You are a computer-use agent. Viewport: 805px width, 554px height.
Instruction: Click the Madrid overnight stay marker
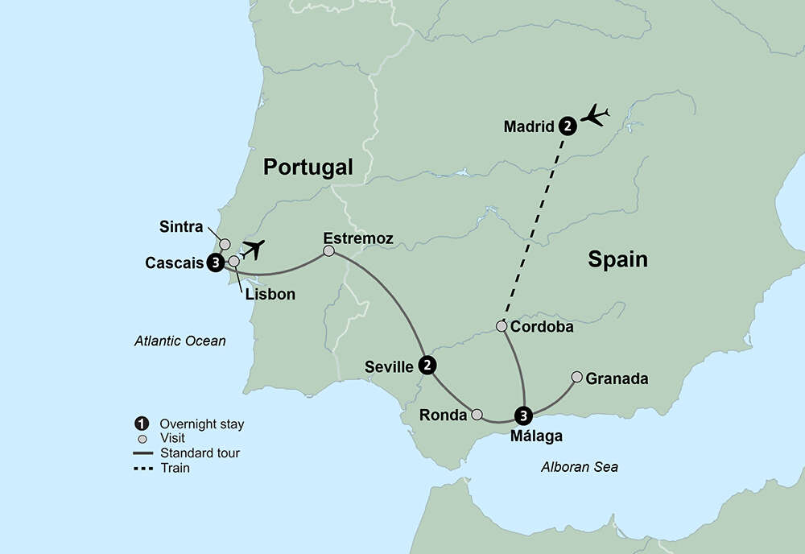click(568, 126)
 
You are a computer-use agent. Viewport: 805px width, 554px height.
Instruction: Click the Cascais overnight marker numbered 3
click(215, 263)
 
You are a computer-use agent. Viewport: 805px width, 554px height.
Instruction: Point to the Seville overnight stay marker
click(428, 366)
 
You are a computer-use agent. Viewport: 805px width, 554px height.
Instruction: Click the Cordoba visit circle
click(502, 327)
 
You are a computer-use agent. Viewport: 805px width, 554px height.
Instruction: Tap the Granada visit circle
click(577, 377)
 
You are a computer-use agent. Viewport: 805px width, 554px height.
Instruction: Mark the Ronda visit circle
click(477, 415)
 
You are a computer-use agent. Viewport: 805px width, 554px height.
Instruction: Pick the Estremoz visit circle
click(328, 251)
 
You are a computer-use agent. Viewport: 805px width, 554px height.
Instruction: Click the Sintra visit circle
click(225, 244)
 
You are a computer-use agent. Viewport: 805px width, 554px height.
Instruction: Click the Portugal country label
click(308, 167)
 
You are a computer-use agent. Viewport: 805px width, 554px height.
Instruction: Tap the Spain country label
click(617, 259)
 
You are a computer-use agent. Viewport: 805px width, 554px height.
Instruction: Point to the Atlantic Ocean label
click(180, 341)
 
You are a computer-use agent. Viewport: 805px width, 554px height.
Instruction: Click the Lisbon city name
click(270, 295)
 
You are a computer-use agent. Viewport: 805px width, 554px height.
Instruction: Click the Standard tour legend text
click(200, 453)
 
